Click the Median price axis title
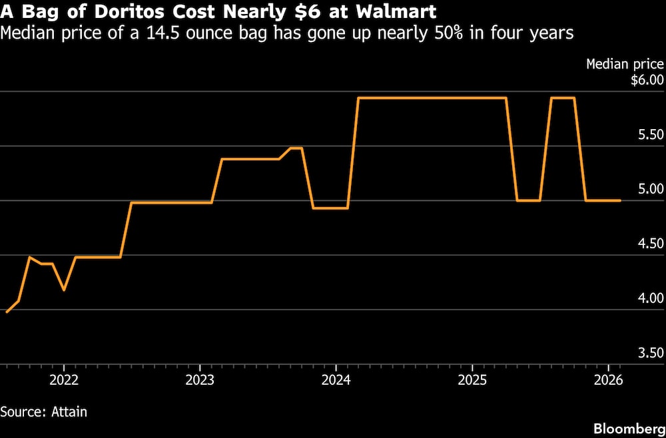click(x=625, y=65)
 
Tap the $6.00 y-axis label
click(x=647, y=81)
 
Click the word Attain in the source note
click(x=69, y=412)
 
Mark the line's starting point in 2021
click(x=7, y=312)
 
